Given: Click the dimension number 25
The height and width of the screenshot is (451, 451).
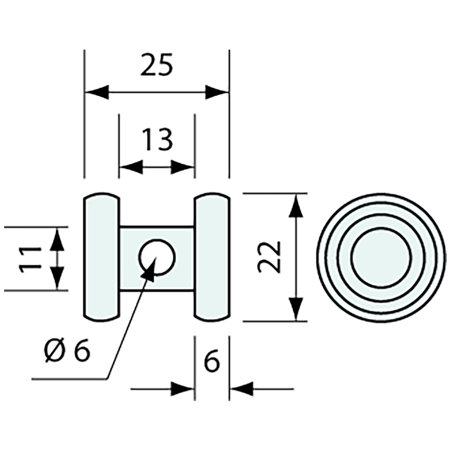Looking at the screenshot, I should click(156, 66).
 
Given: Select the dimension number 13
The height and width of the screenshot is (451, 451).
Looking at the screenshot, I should click(157, 139).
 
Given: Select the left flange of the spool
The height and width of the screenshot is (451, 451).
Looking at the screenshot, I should click(101, 257).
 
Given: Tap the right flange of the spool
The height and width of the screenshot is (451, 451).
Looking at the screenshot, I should click(212, 257).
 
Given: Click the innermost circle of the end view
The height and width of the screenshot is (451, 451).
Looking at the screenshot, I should click(381, 257).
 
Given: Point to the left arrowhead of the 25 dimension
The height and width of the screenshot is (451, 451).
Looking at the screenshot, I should click(96, 93).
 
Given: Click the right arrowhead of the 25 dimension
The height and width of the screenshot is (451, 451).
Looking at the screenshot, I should click(216, 93).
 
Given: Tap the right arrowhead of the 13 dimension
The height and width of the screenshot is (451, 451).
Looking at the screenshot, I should click(183, 167).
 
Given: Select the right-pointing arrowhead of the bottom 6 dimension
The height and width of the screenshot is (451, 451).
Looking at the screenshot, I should click(182, 388).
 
